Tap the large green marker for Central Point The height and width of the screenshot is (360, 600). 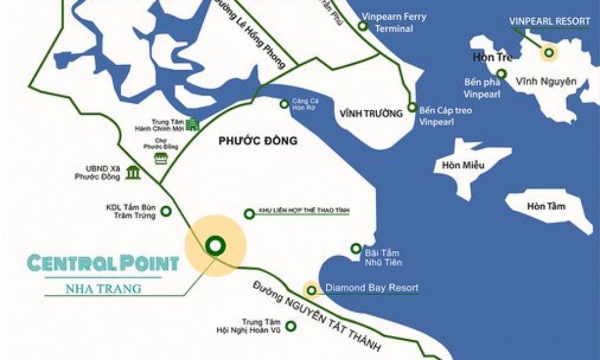coord(214,245)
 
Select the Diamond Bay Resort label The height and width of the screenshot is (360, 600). coord(371,288)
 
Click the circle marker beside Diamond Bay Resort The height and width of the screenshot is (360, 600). coord(311,291)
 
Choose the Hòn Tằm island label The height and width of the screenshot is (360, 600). coord(546,206)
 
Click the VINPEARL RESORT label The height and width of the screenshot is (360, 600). coord(550,21)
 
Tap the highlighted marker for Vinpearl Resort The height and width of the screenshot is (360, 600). coord(548,53)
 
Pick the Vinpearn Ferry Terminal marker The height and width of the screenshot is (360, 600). coord(362,26)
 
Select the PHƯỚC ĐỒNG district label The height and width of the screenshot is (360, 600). coord(258,142)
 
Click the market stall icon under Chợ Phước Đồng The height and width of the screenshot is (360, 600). coord(160,158)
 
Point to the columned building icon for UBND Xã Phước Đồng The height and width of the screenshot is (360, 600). coord(133,173)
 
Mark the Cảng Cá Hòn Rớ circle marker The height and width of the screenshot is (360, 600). coord(284,104)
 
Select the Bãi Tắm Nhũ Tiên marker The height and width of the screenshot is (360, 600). coord(356,248)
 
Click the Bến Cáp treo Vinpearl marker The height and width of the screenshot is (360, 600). coord(412,108)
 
